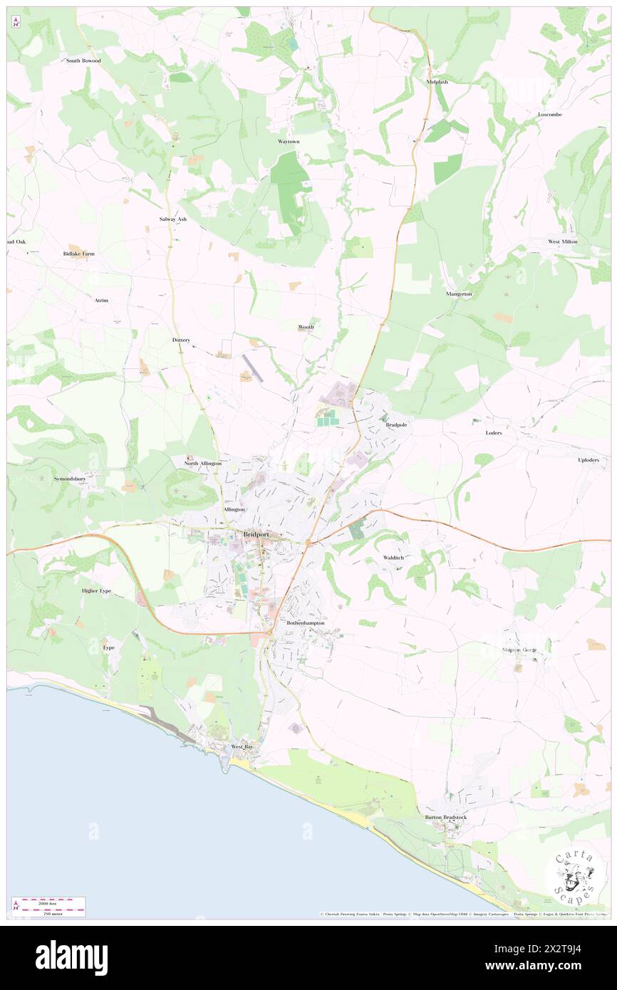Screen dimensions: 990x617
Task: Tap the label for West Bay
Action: pos(242,746)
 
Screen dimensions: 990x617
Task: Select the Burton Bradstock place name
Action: pos(446,817)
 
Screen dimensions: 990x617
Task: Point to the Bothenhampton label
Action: pos(305,622)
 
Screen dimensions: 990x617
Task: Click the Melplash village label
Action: pos(437,82)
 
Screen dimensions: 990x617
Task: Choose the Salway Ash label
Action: pos(172,219)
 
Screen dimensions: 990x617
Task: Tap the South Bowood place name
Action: pos(83,61)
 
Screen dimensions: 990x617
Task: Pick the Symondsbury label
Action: pos(70,479)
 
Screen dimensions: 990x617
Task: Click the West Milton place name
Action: pos(562,241)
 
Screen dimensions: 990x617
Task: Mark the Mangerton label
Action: pos(459,293)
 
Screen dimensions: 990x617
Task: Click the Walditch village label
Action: pos(393,557)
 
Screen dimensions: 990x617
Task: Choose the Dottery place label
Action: pos(181,340)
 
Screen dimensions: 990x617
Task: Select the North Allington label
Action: pos(203,464)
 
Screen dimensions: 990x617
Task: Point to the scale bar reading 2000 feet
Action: pos(48,902)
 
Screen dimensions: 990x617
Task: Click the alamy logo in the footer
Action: pos(71,958)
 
